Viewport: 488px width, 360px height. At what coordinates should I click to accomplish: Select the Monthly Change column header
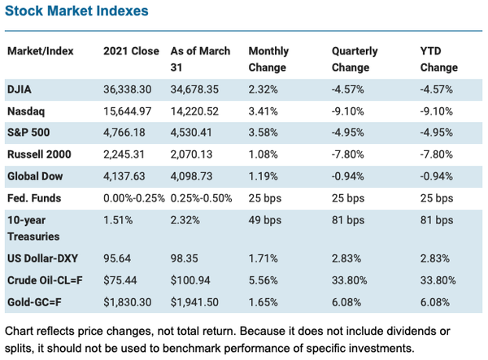pos(268,59)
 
